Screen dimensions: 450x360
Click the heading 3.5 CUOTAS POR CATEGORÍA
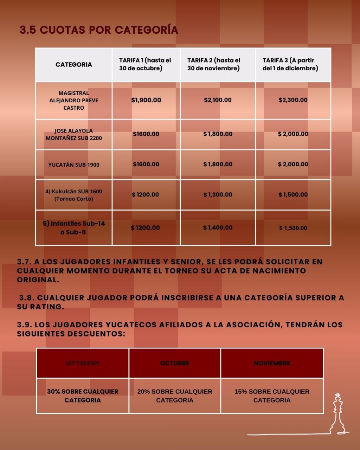(99, 30)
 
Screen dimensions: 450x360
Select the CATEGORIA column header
(74, 64)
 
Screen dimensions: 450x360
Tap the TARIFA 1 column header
(145, 64)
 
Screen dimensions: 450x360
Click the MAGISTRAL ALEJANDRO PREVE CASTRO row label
(74, 100)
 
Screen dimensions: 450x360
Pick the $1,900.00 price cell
(146, 100)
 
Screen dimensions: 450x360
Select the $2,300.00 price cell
(293, 100)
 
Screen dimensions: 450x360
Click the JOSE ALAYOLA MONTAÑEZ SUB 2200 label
(74, 134)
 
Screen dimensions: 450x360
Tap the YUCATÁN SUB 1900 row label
(74, 165)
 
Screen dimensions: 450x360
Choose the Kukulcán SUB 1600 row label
(74, 195)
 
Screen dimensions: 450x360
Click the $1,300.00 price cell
(218, 194)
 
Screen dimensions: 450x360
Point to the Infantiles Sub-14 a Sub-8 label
(74, 228)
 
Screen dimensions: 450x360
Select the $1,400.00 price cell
(218, 228)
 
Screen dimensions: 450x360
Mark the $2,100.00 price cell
(218, 100)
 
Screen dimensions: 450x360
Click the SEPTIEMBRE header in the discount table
(83, 363)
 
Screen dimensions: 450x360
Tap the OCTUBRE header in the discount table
(175, 363)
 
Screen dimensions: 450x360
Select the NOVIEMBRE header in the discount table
(272, 363)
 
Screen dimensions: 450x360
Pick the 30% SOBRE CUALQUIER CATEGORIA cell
(83, 396)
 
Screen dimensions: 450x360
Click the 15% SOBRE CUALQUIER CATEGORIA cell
(272, 396)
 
